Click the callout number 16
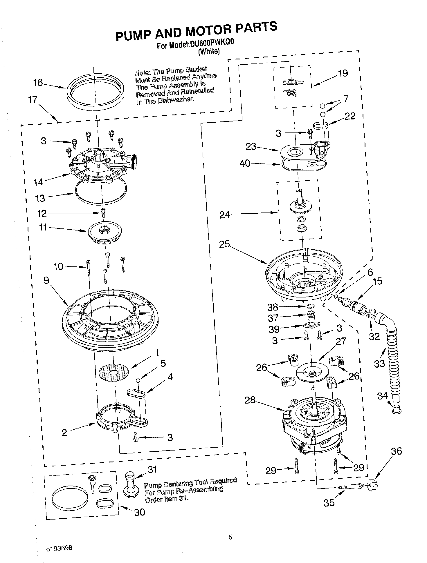pyautogui.click(x=38, y=83)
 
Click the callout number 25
pyautogui.click(x=224, y=244)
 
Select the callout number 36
pyautogui.click(x=397, y=451)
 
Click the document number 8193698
pyautogui.click(x=59, y=549)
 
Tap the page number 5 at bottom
pyautogui.click(x=230, y=537)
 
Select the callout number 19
pyautogui.click(x=343, y=73)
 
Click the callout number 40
pyautogui.click(x=245, y=164)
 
